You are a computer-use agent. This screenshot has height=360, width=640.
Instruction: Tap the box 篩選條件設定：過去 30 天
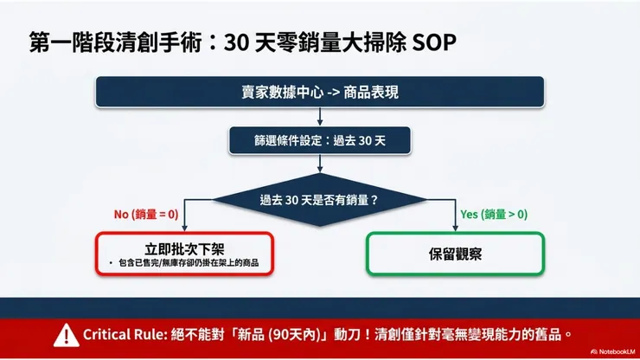320,139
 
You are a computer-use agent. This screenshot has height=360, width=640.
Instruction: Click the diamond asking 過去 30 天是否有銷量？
320,199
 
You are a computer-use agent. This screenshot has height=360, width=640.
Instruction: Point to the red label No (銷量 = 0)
146,214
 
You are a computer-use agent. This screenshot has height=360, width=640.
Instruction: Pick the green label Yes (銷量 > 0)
494,214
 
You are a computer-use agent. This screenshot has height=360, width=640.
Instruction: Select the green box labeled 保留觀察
456,254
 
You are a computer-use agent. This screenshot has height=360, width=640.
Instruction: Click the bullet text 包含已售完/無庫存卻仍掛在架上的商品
189,263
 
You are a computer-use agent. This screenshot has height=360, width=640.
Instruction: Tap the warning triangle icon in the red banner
65,334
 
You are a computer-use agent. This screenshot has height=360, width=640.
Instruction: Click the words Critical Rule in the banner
120,334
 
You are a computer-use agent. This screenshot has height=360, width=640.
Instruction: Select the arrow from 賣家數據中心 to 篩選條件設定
320,117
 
